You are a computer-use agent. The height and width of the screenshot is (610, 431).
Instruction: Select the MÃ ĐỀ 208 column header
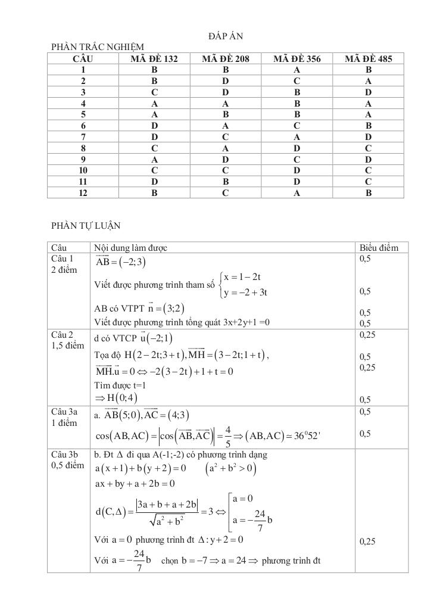click(x=226, y=58)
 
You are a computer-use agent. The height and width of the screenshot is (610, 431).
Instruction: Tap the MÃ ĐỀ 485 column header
click(x=368, y=58)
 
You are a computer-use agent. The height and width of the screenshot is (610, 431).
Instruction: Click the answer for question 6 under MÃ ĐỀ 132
click(x=154, y=126)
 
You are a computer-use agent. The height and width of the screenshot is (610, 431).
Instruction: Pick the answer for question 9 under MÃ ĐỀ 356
click(x=296, y=159)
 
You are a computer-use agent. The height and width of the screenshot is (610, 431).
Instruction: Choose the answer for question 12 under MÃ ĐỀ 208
click(x=226, y=193)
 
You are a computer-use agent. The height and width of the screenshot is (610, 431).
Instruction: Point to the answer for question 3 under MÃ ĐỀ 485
click(x=368, y=92)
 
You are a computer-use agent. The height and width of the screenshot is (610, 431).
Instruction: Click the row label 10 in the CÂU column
click(x=83, y=170)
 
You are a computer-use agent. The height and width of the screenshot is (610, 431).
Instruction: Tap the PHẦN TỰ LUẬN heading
click(x=86, y=225)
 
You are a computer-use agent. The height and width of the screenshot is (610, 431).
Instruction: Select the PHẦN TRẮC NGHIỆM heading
click(x=98, y=46)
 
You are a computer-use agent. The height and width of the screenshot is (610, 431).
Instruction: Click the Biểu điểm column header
click(x=379, y=248)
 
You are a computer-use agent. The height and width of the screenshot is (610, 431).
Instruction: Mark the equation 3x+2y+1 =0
click(x=240, y=323)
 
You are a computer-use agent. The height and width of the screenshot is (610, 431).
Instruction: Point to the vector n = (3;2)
click(x=157, y=308)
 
